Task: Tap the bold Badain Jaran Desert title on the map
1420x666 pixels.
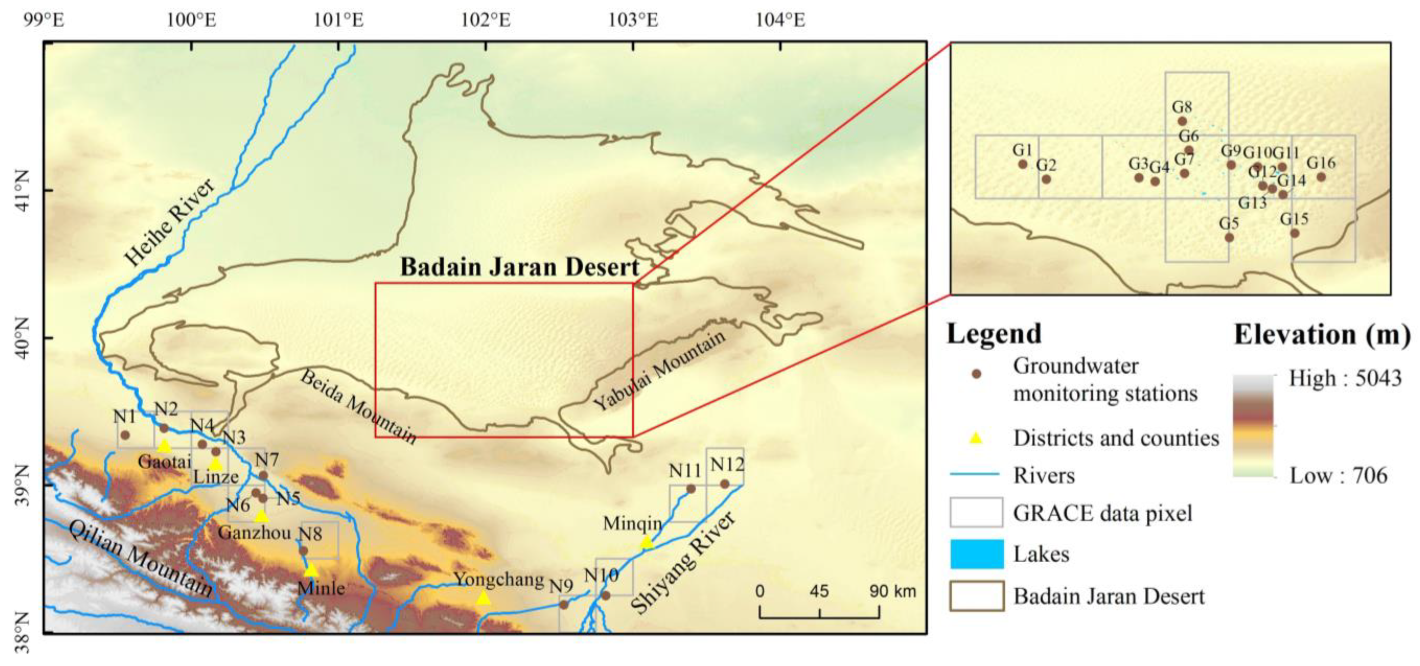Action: point(519,267)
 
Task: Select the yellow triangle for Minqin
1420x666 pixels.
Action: point(647,543)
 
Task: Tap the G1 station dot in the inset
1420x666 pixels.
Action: point(1023,164)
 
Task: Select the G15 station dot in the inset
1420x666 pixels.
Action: point(1294,233)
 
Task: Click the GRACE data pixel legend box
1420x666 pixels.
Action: point(976,513)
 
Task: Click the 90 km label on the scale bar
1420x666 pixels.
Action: point(893,591)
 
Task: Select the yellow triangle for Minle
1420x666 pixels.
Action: point(312,570)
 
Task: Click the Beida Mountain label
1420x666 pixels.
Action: point(358,407)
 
